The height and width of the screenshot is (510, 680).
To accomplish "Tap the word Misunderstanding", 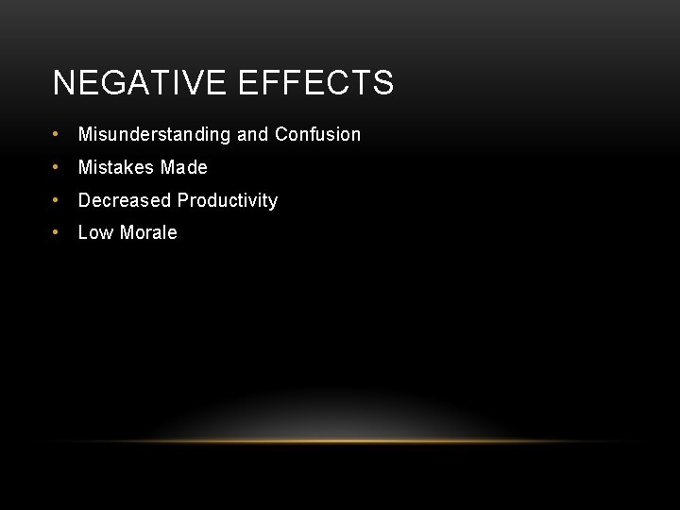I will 154,134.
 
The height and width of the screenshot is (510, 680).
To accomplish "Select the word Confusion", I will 317,134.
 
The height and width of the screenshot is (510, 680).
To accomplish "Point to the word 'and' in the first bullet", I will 252,134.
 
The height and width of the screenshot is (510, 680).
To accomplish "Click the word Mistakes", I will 116,167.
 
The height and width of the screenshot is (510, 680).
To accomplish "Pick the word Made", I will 184,167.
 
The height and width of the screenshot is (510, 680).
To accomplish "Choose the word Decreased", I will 125,200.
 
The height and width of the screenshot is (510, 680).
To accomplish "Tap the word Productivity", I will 228,200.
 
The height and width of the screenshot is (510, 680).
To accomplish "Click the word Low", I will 93,232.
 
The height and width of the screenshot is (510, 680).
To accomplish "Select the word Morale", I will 146,232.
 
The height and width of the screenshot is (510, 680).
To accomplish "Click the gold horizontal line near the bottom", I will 340,441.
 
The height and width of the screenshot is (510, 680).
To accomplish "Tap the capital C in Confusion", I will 281,134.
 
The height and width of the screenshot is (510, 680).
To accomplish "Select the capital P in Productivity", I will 183,200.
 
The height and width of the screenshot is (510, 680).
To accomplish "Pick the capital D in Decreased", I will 84,200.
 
